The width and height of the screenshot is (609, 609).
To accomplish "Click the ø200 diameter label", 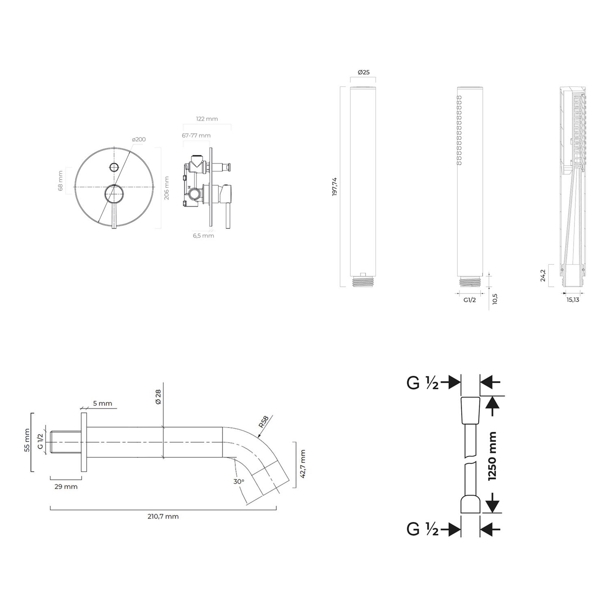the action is point(139,139).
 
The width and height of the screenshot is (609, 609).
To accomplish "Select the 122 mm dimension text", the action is point(207,119).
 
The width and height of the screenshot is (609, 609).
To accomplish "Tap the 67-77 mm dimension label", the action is point(196,135).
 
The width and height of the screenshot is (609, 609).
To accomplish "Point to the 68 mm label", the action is point(60,181).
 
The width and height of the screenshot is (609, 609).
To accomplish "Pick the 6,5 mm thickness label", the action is point(203,235).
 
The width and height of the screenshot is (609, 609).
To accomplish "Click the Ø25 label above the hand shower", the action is point(363,72).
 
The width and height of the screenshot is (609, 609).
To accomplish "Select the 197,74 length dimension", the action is point(335,187).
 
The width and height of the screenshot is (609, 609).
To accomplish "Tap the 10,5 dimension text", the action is point(495,299).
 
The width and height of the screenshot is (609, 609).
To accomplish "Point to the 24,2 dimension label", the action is point(543,276).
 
